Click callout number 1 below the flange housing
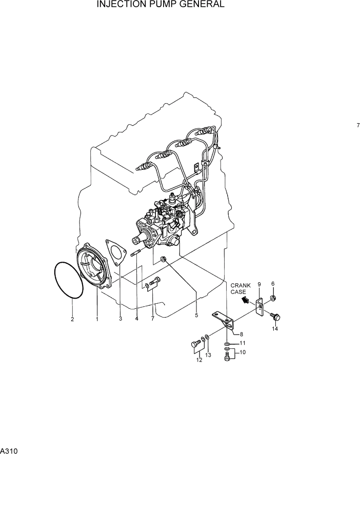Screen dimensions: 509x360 click(97, 319)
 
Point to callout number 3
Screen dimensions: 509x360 click(121, 319)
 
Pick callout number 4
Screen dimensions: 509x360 click(137, 319)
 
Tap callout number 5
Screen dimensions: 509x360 click(196, 316)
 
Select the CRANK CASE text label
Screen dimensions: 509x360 click(241, 288)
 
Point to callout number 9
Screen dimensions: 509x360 click(259, 284)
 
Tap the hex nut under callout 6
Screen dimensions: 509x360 click(273, 298)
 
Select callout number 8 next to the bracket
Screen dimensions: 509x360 click(241, 334)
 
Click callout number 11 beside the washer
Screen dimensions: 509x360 click(243, 343)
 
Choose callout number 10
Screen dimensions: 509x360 click(243, 353)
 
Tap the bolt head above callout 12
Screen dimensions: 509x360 click(195, 343)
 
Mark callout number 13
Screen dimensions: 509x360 click(208, 355)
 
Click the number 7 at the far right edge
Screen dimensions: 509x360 click(358, 125)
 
